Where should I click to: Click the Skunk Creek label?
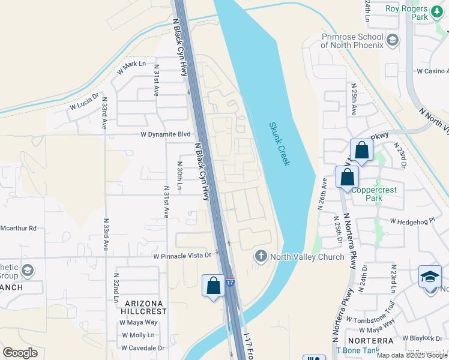coord(280,144)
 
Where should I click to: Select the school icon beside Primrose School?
coord(393,40)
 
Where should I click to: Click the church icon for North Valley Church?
coord(261,256)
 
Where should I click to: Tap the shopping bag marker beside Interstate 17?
coord(213,286)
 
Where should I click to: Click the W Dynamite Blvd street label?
coord(165,135)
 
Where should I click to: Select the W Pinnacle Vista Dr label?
coord(182,256)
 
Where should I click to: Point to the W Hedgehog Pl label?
coord(412,221)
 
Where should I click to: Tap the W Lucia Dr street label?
coord(84,104)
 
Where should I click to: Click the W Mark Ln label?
coord(131,67)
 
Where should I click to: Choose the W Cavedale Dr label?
coord(142,348)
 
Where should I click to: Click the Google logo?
coord(20,353)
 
